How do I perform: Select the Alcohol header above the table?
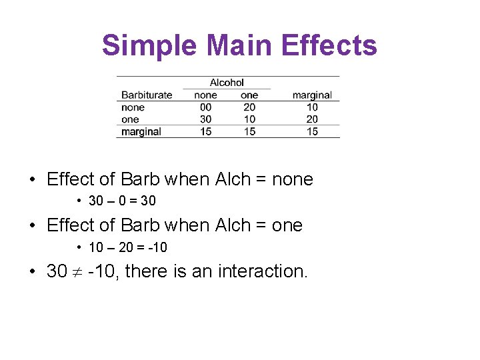tap(227, 83)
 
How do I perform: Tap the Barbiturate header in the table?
tap(147, 95)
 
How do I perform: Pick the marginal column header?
tap(312, 95)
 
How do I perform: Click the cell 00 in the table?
tap(205, 107)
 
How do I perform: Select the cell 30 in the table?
tap(205, 119)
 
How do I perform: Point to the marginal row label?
tap(141, 131)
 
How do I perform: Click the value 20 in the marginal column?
tap(312, 119)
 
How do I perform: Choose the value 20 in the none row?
tap(249, 107)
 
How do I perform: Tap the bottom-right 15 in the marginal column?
tap(312, 131)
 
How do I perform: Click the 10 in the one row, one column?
tap(249, 119)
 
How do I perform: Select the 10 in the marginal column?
tap(312, 107)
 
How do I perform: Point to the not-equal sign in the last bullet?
tap(77, 272)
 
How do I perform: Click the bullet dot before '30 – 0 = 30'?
tap(79, 201)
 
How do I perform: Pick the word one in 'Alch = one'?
tap(287, 225)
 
